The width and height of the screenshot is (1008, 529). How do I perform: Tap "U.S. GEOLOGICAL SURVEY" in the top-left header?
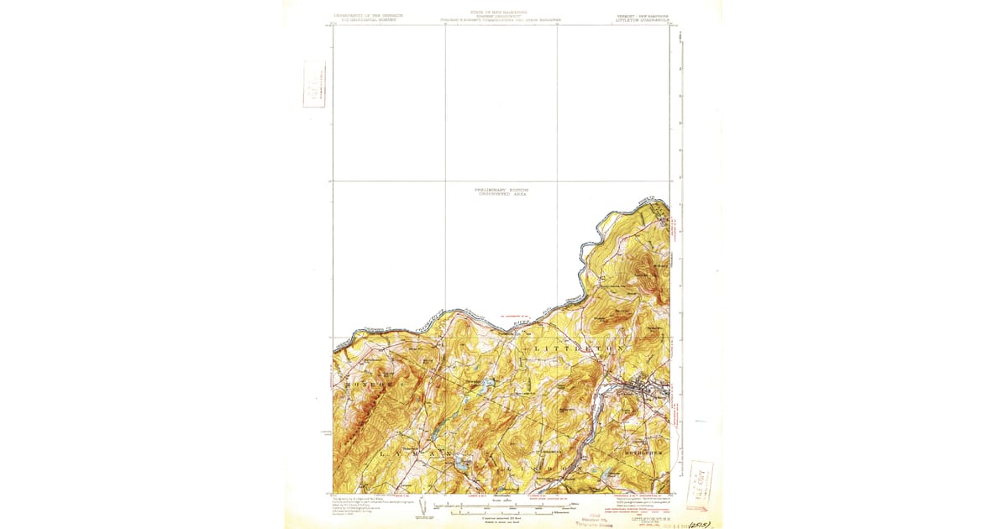coord(365,19)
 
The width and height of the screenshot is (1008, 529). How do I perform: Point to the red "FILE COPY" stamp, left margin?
coord(314,84)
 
